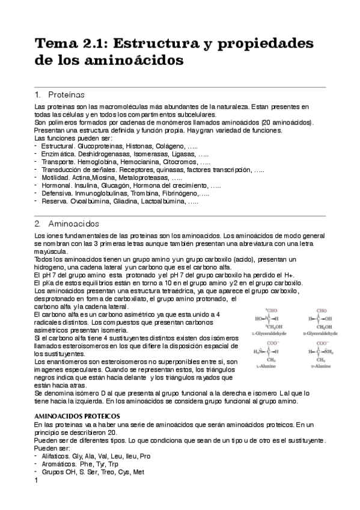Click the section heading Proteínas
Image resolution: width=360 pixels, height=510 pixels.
coord(66,95)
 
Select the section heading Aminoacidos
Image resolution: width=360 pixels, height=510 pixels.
coord(74,224)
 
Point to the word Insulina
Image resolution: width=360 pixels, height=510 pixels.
coord(93,186)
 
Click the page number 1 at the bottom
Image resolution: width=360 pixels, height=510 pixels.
coord(37,481)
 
